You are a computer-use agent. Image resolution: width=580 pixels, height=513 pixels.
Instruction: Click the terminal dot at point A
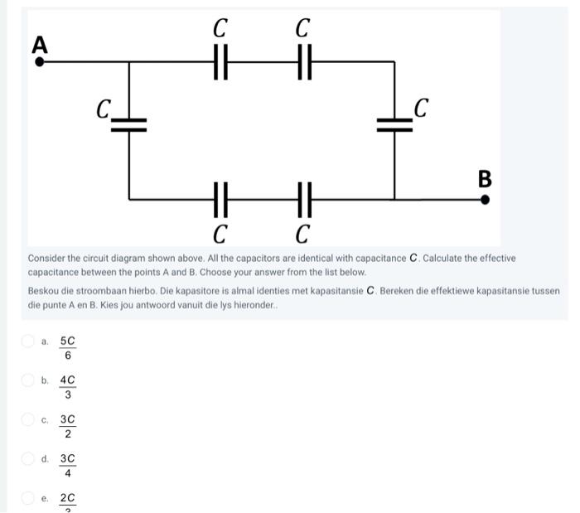click(x=39, y=60)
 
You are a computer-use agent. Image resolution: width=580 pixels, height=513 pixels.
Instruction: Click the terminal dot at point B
click(x=486, y=199)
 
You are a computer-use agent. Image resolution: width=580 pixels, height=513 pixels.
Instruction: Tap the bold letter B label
click(x=485, y=178)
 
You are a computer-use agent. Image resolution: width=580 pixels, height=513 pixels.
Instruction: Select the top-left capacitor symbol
click(x=220, y=61)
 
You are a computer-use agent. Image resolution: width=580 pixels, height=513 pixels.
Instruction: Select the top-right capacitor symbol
click(x=303, y=61)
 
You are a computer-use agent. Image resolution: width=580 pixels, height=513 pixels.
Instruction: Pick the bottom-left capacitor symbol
click(x=220, y=199)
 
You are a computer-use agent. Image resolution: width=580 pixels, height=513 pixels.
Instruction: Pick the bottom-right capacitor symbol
click(x=303, y=199)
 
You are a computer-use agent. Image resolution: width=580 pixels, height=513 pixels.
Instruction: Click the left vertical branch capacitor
click(x=128, y=124)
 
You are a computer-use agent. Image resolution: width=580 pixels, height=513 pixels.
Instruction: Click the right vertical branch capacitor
click(x=394, y=124)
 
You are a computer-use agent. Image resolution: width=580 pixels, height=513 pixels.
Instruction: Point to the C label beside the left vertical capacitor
click(x=104, y=109)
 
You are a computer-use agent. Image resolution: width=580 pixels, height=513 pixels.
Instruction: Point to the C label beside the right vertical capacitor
click(x=422, y=108)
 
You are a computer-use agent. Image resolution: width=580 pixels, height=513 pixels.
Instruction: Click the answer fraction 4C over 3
click(x=68, y=387)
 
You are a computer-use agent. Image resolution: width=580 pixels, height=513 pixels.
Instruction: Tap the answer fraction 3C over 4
click(x=68, y=466)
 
